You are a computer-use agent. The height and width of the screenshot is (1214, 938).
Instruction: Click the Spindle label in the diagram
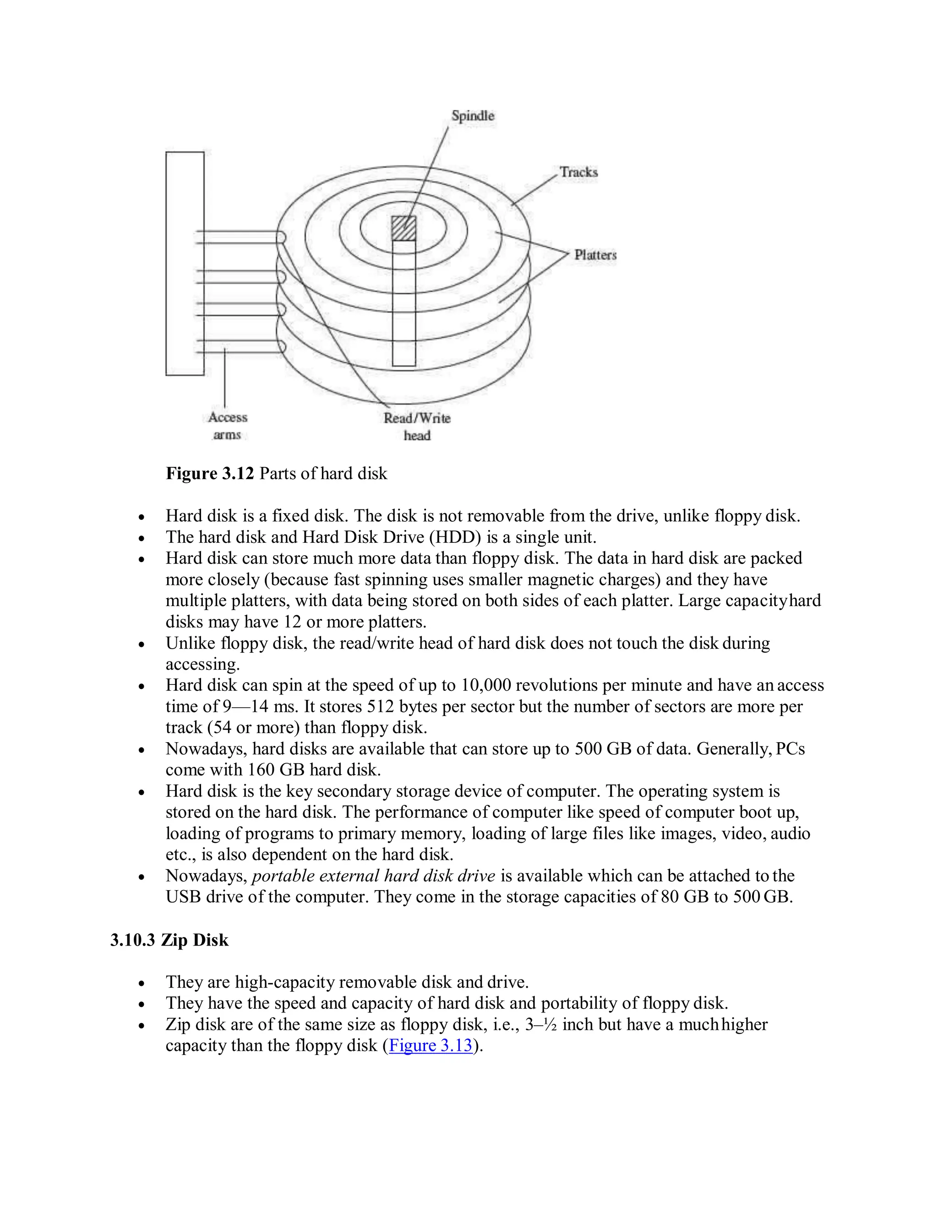click(472, 116)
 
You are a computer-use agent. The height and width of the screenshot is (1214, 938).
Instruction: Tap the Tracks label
click(578, 172)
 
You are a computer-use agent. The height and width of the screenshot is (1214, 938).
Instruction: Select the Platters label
click(595, 255)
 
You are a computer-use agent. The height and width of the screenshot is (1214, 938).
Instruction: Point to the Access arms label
click(227, 426)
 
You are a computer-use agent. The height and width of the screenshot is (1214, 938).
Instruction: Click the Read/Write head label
click(417, 427)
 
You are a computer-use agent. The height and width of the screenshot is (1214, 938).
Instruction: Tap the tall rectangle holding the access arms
click(185, 263)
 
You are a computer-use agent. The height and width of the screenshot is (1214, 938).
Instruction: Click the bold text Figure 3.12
click(209, 474)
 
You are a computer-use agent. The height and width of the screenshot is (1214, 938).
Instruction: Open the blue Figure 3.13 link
click(431, 1045)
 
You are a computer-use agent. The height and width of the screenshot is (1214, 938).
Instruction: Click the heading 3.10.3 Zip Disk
click(169, 940)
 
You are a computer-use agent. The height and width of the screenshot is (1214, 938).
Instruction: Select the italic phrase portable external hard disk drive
click(373, 876)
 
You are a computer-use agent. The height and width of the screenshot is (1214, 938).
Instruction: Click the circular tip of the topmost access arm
click(281, 238)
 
